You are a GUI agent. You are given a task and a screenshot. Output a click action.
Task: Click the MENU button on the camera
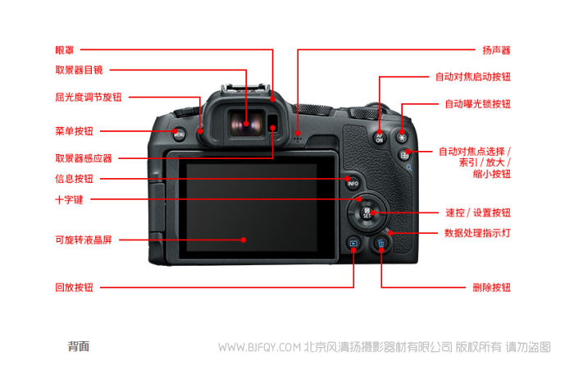pyautogui.click(x=179, y=134)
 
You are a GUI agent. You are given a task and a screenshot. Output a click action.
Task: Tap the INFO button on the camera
pyautogui.click(x=353, y=183)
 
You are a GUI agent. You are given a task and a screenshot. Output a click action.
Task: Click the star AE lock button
pyautogui.click(x=402, y=138)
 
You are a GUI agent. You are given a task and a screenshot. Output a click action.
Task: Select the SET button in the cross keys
pyautogui.click(x=367, y=212)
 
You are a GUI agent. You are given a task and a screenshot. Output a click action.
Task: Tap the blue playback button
pyautogui.click(x=353, y=243)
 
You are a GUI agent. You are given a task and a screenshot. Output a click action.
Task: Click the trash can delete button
pyautogui.click(x=381, y=244)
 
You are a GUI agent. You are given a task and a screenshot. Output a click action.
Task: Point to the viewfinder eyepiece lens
pyautogui.click(x=246, y=124)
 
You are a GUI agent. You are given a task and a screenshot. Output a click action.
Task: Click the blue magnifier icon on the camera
pyautogui.click(x=409, y=167)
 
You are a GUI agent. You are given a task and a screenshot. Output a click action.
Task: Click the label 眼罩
pyautogui.click(x=65, y=50)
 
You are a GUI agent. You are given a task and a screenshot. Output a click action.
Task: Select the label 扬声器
pyautogui.click(x=496, y=50)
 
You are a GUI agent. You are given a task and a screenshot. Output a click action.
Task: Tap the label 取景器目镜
pyautogui.click(x=79, y=70)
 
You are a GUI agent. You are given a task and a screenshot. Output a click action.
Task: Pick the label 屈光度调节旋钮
pyautogui.click(x=89, y=97)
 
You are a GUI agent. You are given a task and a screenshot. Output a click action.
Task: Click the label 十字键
pyautogui.click(x=69, y=199)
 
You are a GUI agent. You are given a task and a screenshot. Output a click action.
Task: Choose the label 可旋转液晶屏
pyautogui.click(x=84, y=240)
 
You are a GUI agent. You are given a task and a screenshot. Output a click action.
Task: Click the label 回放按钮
pyautogui.click(x=74, y=287)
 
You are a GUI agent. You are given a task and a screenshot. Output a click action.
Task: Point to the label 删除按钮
pyautogui.click(x=491, y=287)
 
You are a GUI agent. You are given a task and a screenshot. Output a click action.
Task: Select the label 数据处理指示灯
pyautogui.click(x=477, y=233)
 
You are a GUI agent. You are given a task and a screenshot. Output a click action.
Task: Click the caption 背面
pyautogui.click(x=79, y=346)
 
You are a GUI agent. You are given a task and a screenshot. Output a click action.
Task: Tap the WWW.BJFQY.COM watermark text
pyautogui.click(x=259, y=347)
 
